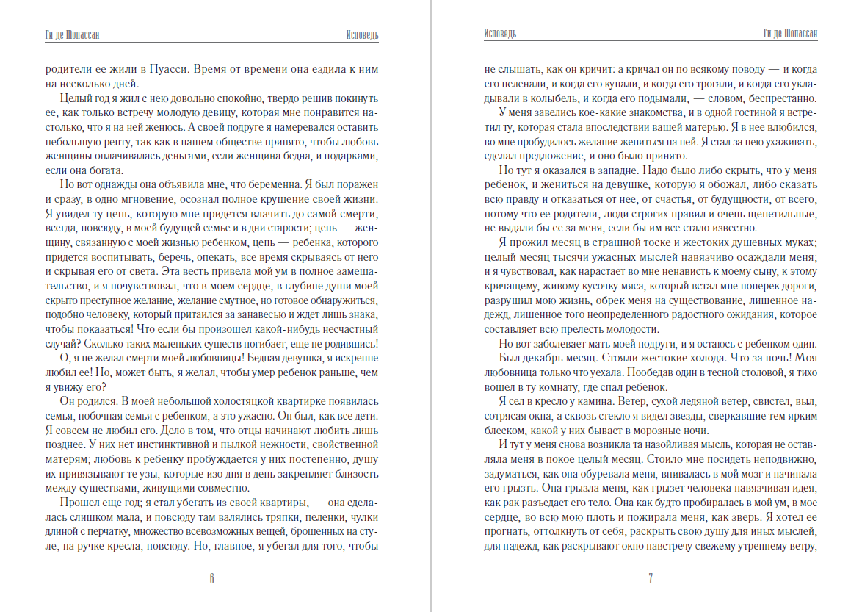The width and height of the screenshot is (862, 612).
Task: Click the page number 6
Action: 211,578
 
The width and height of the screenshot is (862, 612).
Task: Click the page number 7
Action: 651,578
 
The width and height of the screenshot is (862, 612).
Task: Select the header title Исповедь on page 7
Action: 501,35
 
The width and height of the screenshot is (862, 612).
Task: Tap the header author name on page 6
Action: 73,35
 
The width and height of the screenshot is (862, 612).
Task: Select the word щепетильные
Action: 778,213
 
